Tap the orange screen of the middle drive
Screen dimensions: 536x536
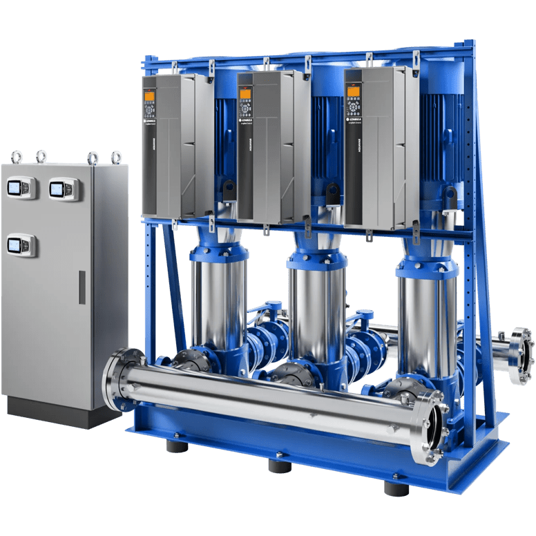point(245,94)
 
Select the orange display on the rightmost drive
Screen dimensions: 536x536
point(353,91)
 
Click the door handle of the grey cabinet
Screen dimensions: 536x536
point(82,287)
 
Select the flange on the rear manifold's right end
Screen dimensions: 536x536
point(521,356)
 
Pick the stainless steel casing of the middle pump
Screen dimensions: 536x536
point(309,304)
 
